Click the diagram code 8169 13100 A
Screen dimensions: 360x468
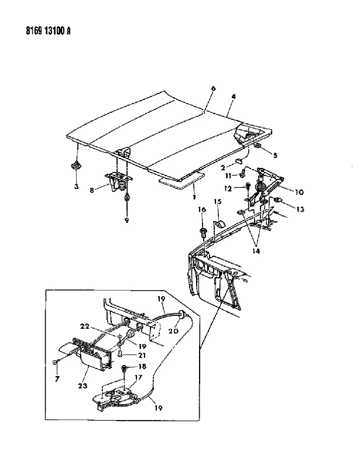pos(48,31)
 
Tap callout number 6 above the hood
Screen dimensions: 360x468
pos(213,89)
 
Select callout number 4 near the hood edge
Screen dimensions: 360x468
pos(234,97)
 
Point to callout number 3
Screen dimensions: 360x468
pos(77,186)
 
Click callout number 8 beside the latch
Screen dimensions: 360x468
pos(92,190)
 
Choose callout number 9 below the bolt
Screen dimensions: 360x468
pos(126,221)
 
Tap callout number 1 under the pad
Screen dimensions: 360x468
pos(194,197)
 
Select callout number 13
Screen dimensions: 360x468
pos(300,209)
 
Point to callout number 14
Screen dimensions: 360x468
pos(256,251)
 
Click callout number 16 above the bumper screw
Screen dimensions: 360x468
pos(203,209)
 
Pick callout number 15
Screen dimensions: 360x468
pos(218,201)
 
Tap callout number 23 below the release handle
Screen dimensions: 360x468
pos(83,386)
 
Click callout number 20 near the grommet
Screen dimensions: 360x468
pos(173,331)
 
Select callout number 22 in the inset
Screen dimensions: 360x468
pos(85,326)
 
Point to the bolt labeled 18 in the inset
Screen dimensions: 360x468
pos(124,369)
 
